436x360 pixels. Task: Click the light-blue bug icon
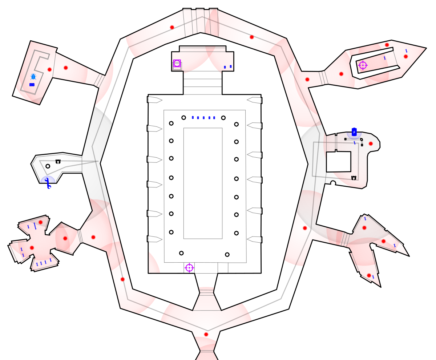tap(33, 77)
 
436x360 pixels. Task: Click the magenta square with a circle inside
tap(177, 63)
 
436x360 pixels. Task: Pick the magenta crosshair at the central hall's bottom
tap(189, 268)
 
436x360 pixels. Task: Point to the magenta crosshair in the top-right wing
tap(363, 65)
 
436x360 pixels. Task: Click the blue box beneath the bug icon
tap(32, 85)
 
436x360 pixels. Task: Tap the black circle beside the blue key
tap(48, 166)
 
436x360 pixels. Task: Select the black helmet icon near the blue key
tap(58, 161)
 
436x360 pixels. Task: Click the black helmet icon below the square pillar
tap(354, 178)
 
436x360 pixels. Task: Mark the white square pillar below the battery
tap(338, 162)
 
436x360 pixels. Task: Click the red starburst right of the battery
tap(371, 143)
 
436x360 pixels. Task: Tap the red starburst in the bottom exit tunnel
tap(206, 334)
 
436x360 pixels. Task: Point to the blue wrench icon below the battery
tap(355, 143)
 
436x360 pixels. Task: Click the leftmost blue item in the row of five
tap(193, 117)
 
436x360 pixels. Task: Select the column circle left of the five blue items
tap(184, 117)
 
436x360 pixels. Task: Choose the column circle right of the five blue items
tap(223, 118)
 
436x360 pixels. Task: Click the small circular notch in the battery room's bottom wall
tap(333, 183)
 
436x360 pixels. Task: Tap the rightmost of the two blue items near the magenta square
tap(231, 66)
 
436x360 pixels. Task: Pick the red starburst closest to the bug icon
tap(49, 69)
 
